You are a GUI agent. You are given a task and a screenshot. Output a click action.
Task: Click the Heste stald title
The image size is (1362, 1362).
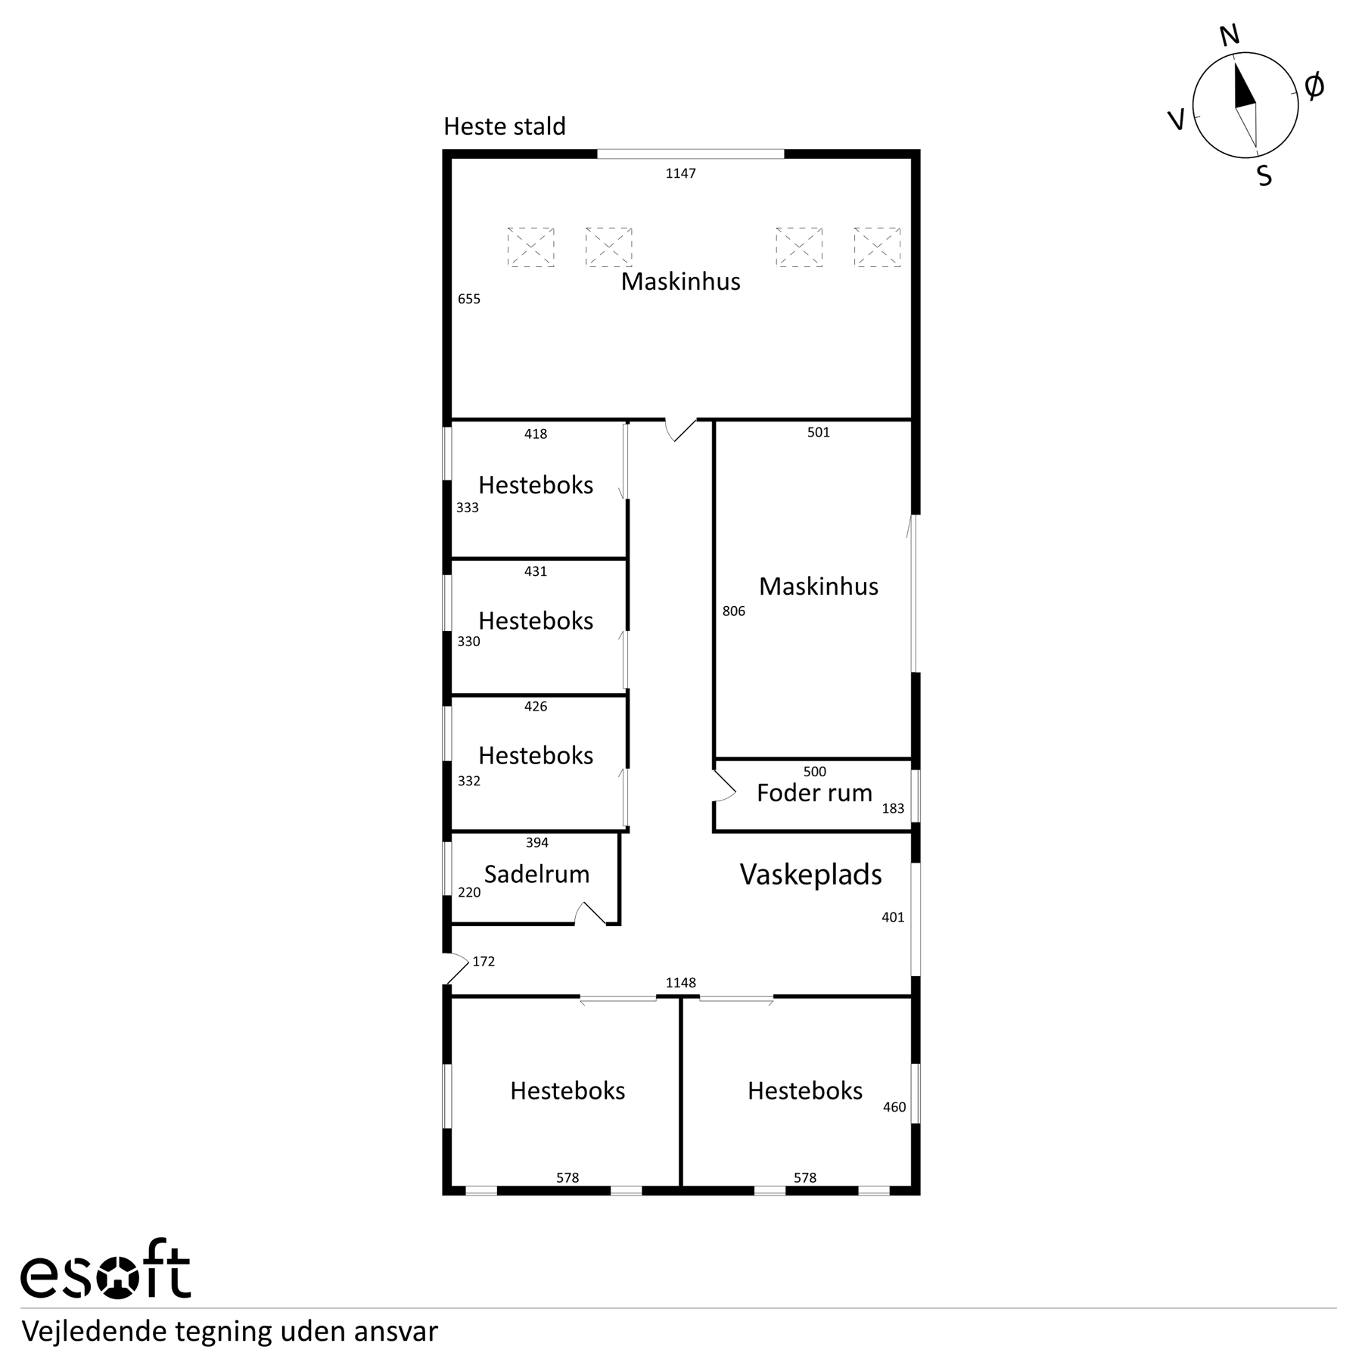505,126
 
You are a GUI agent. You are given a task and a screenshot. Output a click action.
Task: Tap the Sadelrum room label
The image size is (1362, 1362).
536,874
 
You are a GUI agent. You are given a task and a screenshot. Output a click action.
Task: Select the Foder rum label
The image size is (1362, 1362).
814,792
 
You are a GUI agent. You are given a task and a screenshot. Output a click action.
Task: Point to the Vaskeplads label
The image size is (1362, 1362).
810,875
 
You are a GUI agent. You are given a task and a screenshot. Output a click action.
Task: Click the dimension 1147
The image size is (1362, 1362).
680,173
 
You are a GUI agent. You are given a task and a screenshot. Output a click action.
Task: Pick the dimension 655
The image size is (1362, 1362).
469,299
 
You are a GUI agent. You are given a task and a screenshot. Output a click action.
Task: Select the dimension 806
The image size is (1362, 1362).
733,611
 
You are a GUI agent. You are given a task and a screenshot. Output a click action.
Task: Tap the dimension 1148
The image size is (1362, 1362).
680,983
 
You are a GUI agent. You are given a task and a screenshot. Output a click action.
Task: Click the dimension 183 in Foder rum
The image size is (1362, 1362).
893,809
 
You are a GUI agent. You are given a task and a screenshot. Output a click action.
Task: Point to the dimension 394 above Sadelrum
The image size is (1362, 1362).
536,843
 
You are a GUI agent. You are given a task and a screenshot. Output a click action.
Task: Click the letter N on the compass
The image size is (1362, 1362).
1230,36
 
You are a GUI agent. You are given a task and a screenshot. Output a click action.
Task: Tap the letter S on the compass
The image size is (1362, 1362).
1264,176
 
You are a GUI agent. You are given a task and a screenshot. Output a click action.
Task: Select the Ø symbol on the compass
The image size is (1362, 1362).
1314,86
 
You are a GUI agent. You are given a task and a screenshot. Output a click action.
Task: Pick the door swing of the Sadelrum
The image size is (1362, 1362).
590,913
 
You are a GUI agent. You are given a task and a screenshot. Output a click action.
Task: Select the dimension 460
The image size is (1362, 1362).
894,1108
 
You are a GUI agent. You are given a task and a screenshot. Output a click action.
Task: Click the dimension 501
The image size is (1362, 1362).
818,433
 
